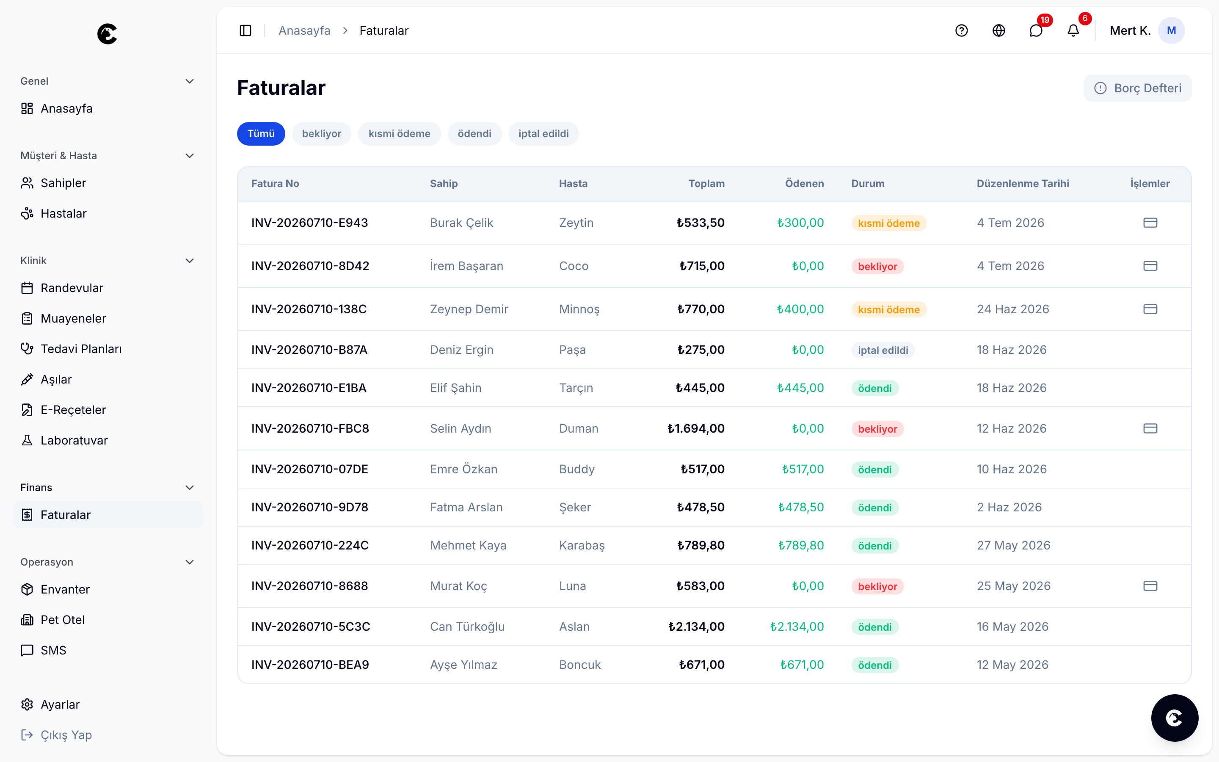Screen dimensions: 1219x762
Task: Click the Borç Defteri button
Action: (1137, 88)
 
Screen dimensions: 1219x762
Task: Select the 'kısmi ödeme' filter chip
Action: (399, 133)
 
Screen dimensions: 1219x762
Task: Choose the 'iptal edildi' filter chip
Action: (543, 133)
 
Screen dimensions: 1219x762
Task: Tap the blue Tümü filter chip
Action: (261, 133)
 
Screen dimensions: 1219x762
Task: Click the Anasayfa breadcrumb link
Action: (304, 31)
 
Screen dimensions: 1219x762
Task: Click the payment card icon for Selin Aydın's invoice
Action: (1150, 428)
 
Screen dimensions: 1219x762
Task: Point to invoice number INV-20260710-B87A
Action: (309, 350)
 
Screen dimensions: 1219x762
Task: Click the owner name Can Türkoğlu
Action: (467, 627)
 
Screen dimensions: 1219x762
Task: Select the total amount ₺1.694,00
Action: (696, 428)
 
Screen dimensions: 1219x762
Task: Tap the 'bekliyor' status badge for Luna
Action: (877, 586)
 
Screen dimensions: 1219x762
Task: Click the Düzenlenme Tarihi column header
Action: (1023, 183)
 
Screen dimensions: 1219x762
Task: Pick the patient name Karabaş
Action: (582, 545)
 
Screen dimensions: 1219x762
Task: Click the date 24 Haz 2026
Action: (1012, 309)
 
